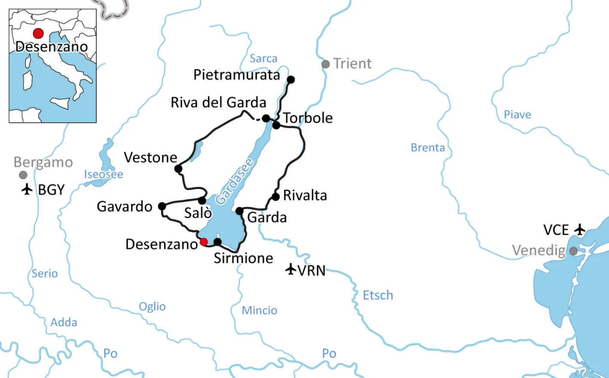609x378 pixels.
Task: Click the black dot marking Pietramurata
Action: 291,79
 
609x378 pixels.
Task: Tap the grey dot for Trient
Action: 326,64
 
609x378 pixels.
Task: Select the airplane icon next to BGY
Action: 27,189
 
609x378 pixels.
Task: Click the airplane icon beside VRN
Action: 291,269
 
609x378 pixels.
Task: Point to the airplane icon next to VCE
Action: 580,229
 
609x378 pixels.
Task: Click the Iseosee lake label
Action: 104,174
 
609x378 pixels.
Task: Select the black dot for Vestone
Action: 178,169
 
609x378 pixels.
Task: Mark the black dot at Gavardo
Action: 162,206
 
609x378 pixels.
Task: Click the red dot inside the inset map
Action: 38,33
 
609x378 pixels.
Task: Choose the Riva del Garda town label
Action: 218,103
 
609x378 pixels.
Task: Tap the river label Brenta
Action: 428,148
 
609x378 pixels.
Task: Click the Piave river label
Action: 517,115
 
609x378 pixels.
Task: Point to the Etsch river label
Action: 378,295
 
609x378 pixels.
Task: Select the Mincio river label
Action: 259,310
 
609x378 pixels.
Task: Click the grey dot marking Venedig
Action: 573,251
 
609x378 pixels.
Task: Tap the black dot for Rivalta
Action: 276,197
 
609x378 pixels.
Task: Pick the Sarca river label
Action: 263,58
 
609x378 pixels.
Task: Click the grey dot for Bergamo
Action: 23,175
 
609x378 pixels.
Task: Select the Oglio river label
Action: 152,306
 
